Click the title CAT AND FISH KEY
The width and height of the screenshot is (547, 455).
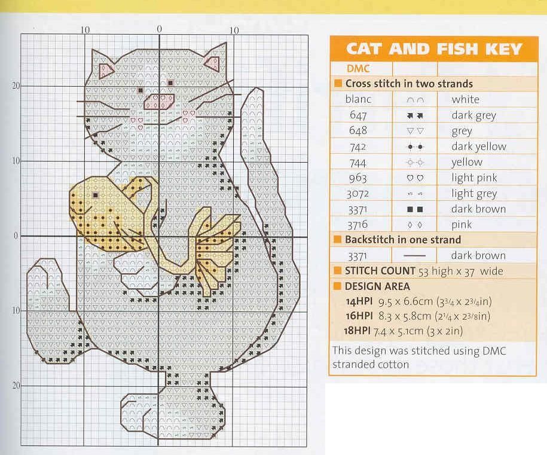point(434,48)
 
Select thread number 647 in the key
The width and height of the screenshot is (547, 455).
point(359,115)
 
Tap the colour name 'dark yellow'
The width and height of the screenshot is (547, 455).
point(478,146)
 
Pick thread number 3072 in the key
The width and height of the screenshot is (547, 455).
point(358,194)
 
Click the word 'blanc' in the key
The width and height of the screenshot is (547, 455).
point(358,100)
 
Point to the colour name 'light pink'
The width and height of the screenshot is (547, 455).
point(474,178)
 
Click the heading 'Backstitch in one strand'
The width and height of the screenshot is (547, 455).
point(403,240)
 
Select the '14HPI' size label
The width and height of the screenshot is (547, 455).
point(359,301)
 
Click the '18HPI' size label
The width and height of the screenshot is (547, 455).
point(359,331)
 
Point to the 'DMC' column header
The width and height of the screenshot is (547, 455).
point(358,69)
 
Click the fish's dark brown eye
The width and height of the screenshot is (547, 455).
point(95,195)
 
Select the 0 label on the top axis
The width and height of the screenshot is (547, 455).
point(159,29)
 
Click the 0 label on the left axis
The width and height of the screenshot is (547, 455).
point(16,236)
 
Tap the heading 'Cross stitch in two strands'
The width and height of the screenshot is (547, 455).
point(408,84)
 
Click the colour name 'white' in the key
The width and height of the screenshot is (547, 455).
point(465,100)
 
